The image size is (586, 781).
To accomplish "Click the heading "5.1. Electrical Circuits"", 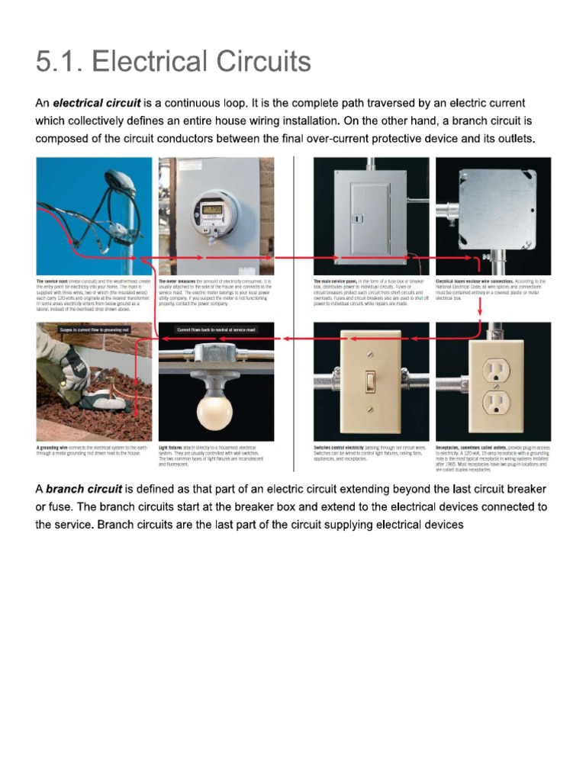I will pos(173,62).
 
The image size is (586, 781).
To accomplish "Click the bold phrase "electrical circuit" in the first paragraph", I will pos(96,103).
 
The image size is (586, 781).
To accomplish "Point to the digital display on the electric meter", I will pos(211,208).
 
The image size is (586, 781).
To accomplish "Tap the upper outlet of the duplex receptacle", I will pos(494,368).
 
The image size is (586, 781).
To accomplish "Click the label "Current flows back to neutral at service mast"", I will pos(216,329).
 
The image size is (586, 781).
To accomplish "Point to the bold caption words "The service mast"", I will pos(52,281).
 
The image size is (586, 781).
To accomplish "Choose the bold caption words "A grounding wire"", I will pos(53,447).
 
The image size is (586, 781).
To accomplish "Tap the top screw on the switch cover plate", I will pos(371,354).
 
